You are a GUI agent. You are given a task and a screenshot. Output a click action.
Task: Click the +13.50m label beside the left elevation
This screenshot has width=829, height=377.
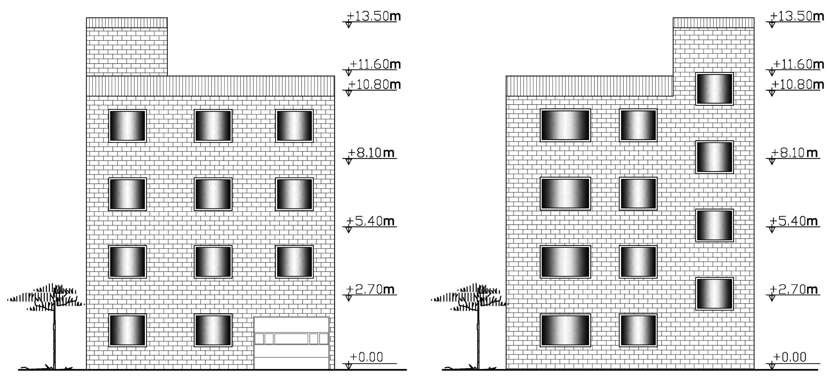point(373,16)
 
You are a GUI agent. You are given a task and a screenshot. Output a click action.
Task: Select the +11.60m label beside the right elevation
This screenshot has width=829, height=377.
point(798,64)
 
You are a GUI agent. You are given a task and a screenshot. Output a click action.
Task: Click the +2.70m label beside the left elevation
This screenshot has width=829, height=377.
point(370,289)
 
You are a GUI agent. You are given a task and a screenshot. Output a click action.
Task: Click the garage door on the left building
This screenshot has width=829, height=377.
point(292,343)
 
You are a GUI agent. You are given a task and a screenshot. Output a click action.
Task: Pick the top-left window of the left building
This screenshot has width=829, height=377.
point(127,126)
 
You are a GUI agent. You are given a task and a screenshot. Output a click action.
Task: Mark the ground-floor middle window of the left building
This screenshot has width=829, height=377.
point(213,330)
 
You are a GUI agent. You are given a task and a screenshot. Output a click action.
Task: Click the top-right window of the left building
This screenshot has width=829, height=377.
point(294,126)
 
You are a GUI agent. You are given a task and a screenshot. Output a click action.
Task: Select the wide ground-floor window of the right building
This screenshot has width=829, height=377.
point(565,330)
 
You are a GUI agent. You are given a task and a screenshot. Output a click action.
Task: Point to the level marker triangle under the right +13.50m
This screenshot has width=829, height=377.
point(772,25)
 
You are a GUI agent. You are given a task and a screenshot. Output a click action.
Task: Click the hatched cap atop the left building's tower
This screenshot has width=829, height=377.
point(127,23)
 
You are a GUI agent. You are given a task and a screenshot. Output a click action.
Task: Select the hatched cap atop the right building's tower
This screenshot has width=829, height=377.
point(714,23)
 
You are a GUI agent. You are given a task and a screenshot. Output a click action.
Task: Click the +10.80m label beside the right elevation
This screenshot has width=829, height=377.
point(798,85)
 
